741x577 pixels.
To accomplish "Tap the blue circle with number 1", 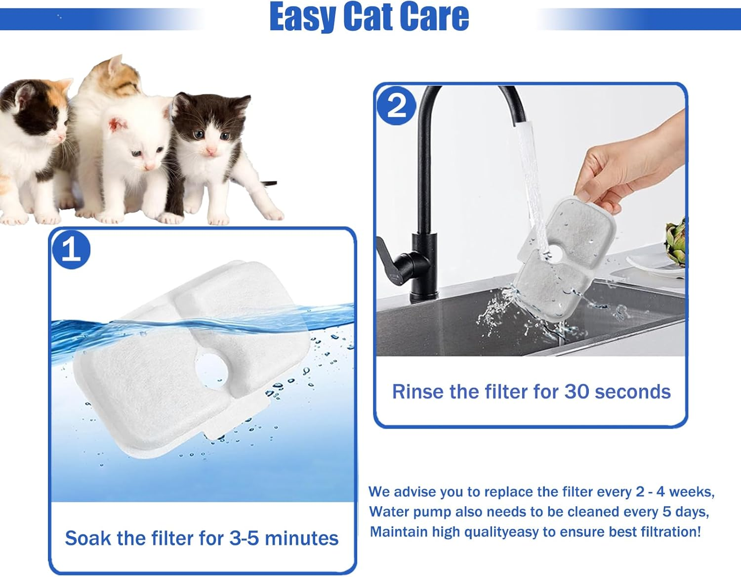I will point(71,250).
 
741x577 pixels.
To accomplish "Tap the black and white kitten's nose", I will point(211,150).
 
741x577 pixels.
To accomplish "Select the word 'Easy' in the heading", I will point(302,17).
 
